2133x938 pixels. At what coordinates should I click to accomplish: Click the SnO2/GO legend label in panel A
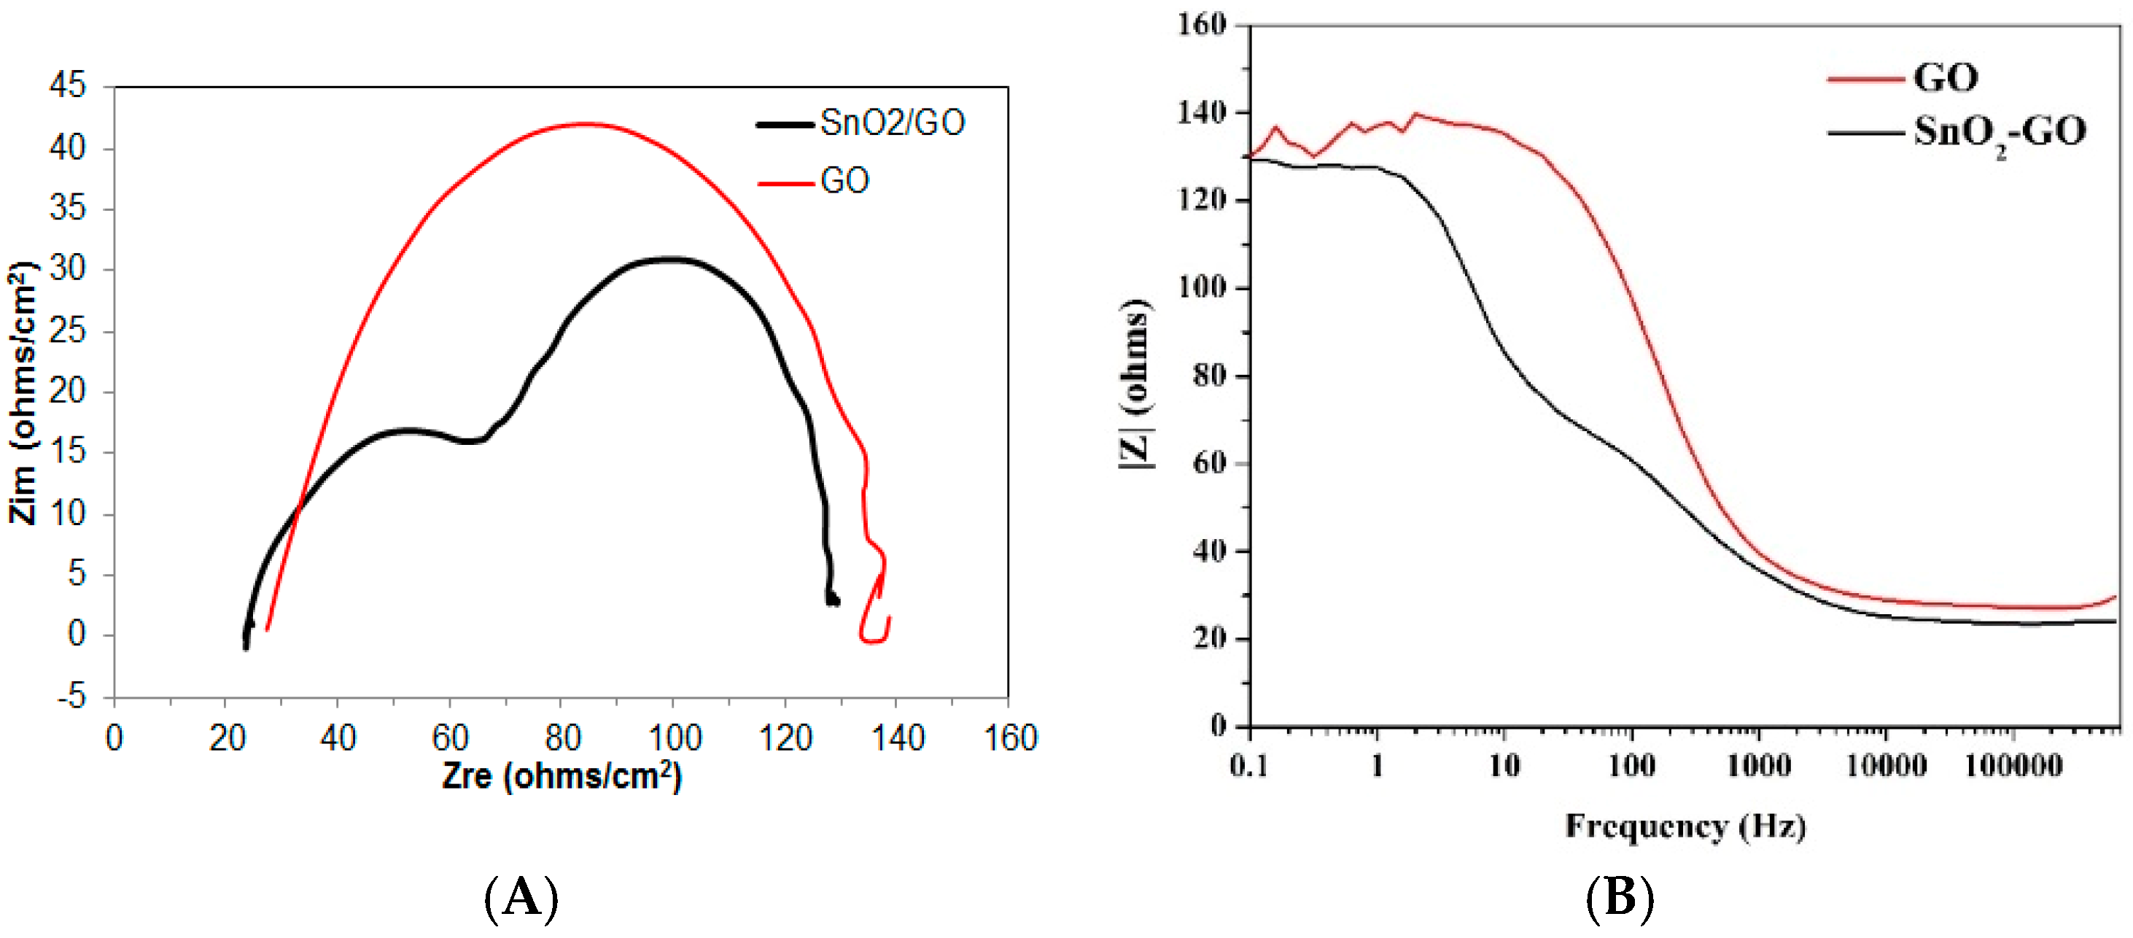coord(892,123)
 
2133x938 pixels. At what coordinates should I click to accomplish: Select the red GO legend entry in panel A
coord(844,180)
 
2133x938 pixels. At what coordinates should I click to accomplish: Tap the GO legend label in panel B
coord(1945,78)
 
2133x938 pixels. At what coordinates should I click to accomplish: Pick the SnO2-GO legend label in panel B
coord(1999,131)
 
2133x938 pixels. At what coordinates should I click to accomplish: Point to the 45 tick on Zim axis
coord(67,85)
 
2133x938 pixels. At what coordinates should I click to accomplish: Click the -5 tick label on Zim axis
coord(71,697)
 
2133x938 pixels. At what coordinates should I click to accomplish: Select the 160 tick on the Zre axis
coord(1009,737)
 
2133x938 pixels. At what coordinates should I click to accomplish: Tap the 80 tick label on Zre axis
coord(562,737)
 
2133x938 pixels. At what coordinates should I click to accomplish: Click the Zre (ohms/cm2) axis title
coord(562,777)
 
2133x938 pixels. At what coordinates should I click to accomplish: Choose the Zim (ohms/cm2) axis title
coord(23,392)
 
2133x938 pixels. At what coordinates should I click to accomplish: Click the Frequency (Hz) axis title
coord(1685,826)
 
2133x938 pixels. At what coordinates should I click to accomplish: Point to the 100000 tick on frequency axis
coord(2013,766)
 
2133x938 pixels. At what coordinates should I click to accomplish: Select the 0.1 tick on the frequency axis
coord(1248,766)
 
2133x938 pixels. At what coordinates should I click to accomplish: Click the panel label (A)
coord(521,897)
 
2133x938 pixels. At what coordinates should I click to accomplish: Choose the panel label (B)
coord(1620,897)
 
